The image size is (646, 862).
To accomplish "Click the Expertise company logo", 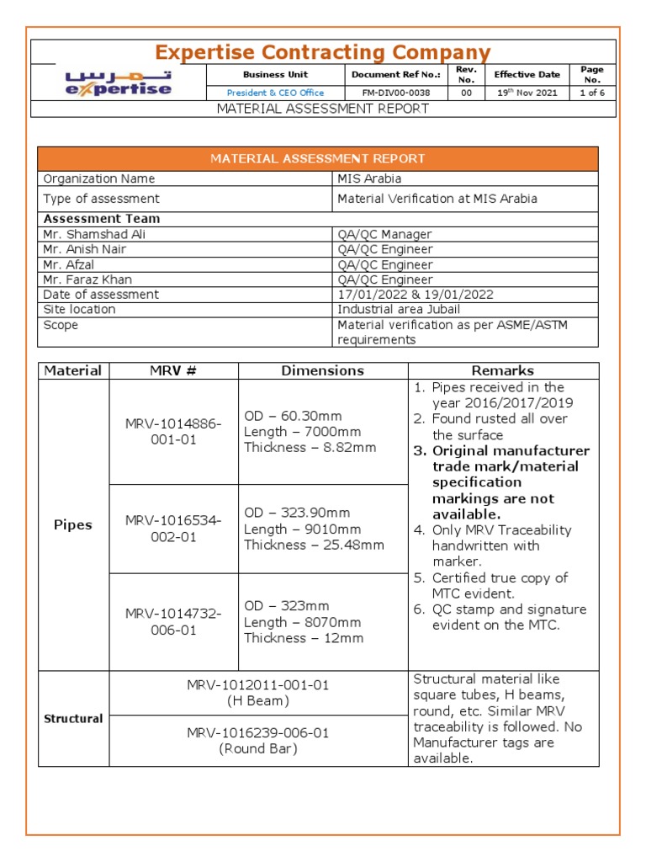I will click(119, 83).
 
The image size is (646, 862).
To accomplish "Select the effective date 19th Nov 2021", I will click(527, 93).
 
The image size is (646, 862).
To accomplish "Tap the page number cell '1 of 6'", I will click(592, 93).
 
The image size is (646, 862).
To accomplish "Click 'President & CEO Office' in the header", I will click(275, 93).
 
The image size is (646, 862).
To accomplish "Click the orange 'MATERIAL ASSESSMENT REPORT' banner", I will click(317, 158).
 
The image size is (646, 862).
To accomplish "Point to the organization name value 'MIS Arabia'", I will click(369, 178).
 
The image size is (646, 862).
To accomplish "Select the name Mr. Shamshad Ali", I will click(94, 234).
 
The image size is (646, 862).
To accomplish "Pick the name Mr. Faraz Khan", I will click(87, 279).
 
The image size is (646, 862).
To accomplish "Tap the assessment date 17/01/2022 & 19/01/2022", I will click(416, 295).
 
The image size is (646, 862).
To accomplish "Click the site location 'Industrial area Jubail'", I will click(399, 310).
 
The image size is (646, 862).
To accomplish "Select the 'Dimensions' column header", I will click(323, 370).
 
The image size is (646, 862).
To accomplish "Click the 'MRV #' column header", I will click(173, 370).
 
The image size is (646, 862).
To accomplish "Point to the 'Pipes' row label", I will click(72, 524).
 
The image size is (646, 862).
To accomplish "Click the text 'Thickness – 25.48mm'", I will click(314, 545).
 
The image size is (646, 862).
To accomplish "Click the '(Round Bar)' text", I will click(258, 748).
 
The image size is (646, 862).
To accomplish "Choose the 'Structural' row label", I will click(73, 718).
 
